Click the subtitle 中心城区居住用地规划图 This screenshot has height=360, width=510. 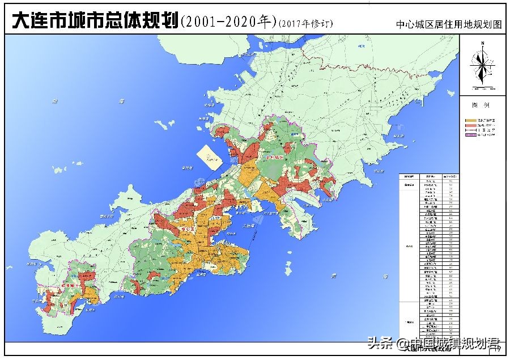(449, 25)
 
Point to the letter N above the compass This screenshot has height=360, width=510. (482, 43)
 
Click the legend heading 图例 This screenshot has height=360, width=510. (481, 105)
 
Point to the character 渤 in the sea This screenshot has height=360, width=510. (54, 101)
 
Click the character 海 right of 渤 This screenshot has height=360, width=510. (120, 101)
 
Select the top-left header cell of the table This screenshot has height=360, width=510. (409, 176)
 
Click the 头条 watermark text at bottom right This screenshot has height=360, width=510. (380, 343)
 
